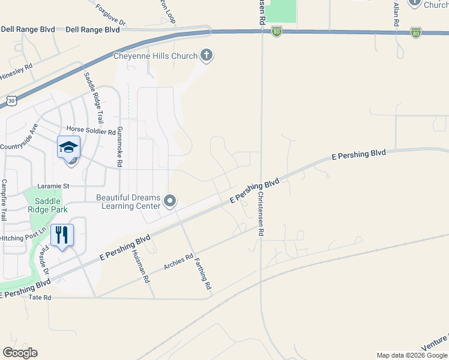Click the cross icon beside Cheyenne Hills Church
click(206, 56)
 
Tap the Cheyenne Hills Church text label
click(155, 56)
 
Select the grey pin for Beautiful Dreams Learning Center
click(170, 202)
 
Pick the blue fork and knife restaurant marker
click(61, 234)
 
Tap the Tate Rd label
click(40, 297)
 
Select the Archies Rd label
click(178, 262)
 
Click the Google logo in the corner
click(20, 353)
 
